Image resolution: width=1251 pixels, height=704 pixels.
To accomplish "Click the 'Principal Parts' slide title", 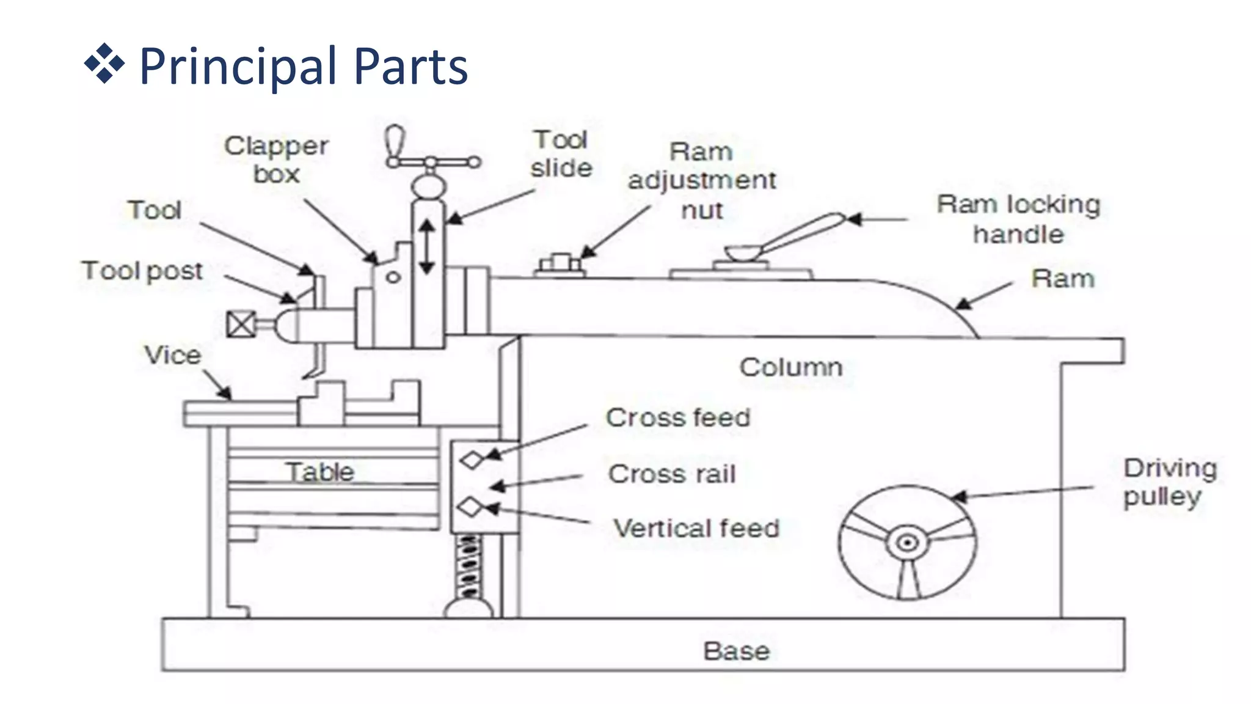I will point(303,66).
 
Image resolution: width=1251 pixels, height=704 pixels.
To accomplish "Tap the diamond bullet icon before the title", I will point(104,64).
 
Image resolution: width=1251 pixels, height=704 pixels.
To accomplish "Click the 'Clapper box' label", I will point(276,160).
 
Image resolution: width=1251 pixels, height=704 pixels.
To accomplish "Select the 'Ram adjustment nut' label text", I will point(702,181).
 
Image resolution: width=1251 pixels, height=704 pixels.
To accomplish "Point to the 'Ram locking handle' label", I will point(1018,219).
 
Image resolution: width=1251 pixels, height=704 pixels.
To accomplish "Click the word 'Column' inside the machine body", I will point(791,367).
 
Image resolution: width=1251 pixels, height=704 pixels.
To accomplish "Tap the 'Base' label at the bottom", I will point(736,651).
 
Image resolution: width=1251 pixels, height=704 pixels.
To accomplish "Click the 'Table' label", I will point(320,472).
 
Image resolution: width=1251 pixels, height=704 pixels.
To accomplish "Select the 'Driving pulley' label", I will point(1170,482).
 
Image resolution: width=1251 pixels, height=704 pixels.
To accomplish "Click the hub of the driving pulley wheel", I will point(908,543).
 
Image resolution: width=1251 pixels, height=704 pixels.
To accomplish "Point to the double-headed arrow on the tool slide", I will point(427,247).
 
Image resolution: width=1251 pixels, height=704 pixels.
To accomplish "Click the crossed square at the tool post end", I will point(241,324).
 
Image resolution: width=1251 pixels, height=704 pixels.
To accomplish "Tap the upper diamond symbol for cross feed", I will point(472,460).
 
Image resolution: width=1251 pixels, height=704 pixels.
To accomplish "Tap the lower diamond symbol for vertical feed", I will point(470,507).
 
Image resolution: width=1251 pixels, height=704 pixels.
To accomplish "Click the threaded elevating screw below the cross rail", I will point(469,567).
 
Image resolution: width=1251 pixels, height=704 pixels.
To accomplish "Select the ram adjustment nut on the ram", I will point(560,265).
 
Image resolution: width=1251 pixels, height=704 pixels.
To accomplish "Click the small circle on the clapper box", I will point(393,277).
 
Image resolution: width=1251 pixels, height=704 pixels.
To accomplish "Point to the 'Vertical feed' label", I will point(696,529).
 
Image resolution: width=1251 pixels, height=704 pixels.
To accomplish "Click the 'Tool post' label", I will point(142,271).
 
